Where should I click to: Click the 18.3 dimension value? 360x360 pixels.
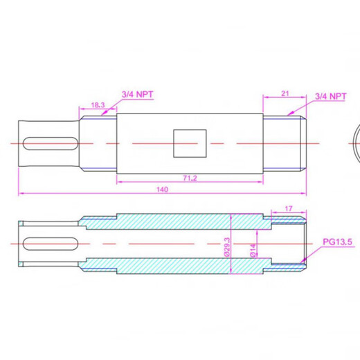click(x=98, y=105)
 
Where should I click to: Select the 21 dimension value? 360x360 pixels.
click(x=284, y=92)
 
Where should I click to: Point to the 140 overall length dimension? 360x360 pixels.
click(x=162, y=188)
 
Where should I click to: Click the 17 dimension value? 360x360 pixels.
click(x=289, y=207)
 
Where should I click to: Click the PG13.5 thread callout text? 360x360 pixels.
click(x=338, y=243)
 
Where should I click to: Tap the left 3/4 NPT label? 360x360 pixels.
click(x=136, y=93)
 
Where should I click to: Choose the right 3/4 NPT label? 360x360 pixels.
click(x=330, y=97)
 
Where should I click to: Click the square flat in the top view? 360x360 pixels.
click(x=189, y=143)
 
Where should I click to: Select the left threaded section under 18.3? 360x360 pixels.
click(x=98, y=143)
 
